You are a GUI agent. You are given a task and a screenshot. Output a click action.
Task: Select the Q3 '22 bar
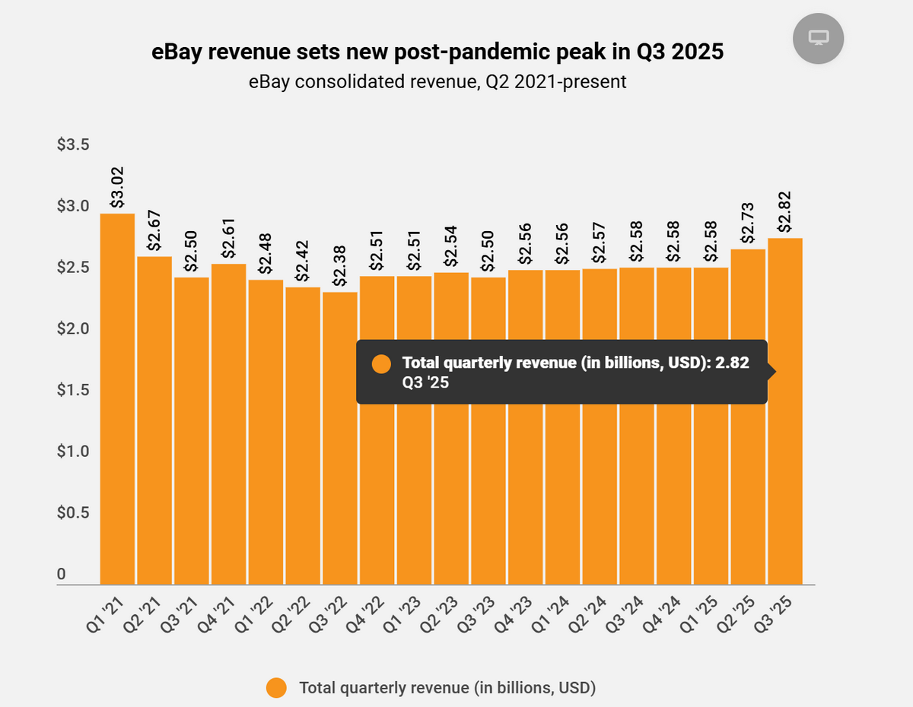(x=339, y=438)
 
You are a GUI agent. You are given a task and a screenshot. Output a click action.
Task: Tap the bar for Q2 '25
(x=748, y=418)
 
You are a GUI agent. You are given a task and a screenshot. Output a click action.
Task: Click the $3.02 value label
(x=117, y=188)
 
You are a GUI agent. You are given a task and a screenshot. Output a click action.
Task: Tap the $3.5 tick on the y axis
(x=73, y=145)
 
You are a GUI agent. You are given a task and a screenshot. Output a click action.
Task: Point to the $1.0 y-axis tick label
(x=73, y=452)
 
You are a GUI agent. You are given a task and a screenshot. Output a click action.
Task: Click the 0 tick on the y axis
(x=61, y=574)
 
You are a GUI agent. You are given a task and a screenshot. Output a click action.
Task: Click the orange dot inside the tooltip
(x=381, y=363)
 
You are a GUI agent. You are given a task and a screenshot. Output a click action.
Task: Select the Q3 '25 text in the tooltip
(x=425, y=383)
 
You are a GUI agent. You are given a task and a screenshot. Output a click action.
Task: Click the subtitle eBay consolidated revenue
(x=437, y=82)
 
